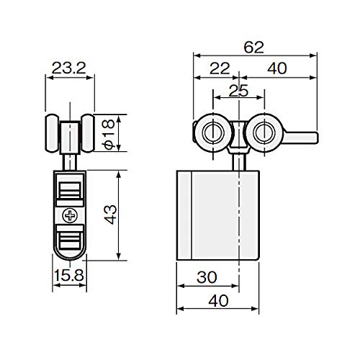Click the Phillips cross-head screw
tap(70, 215)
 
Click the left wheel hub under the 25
tap(213, 131)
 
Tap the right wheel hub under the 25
tap(262, 131)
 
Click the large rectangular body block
tap(216, 215)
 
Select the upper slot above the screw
tap(70, 190)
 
